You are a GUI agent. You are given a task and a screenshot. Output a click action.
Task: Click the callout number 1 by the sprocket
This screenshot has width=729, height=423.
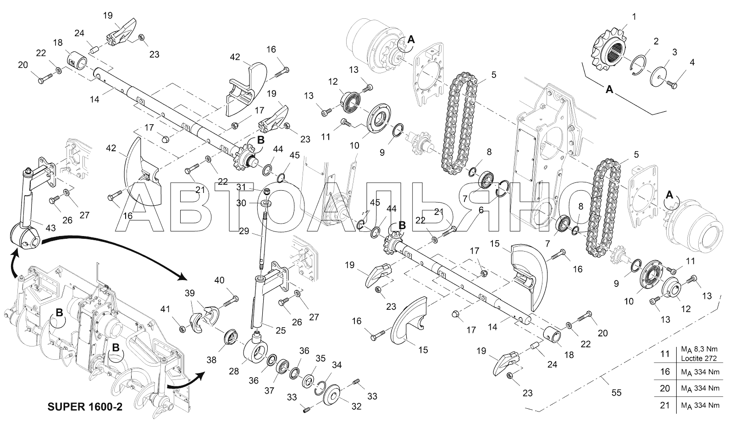coord(634,16)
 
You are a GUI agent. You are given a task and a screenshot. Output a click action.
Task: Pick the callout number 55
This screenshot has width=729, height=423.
coord(616,393)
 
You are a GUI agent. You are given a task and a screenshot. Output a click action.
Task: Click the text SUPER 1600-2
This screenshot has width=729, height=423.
coord(85,407)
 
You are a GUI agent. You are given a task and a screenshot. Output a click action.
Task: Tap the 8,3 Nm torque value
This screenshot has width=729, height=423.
coord(704,349)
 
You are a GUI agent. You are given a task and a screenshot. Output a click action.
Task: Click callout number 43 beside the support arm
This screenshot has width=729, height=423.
coord(50,228)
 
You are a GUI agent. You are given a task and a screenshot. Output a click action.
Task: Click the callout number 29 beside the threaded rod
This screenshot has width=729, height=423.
coord(244,231)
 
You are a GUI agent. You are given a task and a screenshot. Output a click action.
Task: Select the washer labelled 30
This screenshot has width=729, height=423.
coord(266,203)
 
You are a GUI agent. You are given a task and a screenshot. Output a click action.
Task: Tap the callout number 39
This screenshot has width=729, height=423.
coord(189,293)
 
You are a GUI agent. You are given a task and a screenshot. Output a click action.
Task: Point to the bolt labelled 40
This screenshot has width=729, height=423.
coord(231,302)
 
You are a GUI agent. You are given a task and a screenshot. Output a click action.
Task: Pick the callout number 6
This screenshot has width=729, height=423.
coord(481,210)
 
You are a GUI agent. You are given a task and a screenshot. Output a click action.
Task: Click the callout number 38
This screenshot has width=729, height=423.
coord(211,360)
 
